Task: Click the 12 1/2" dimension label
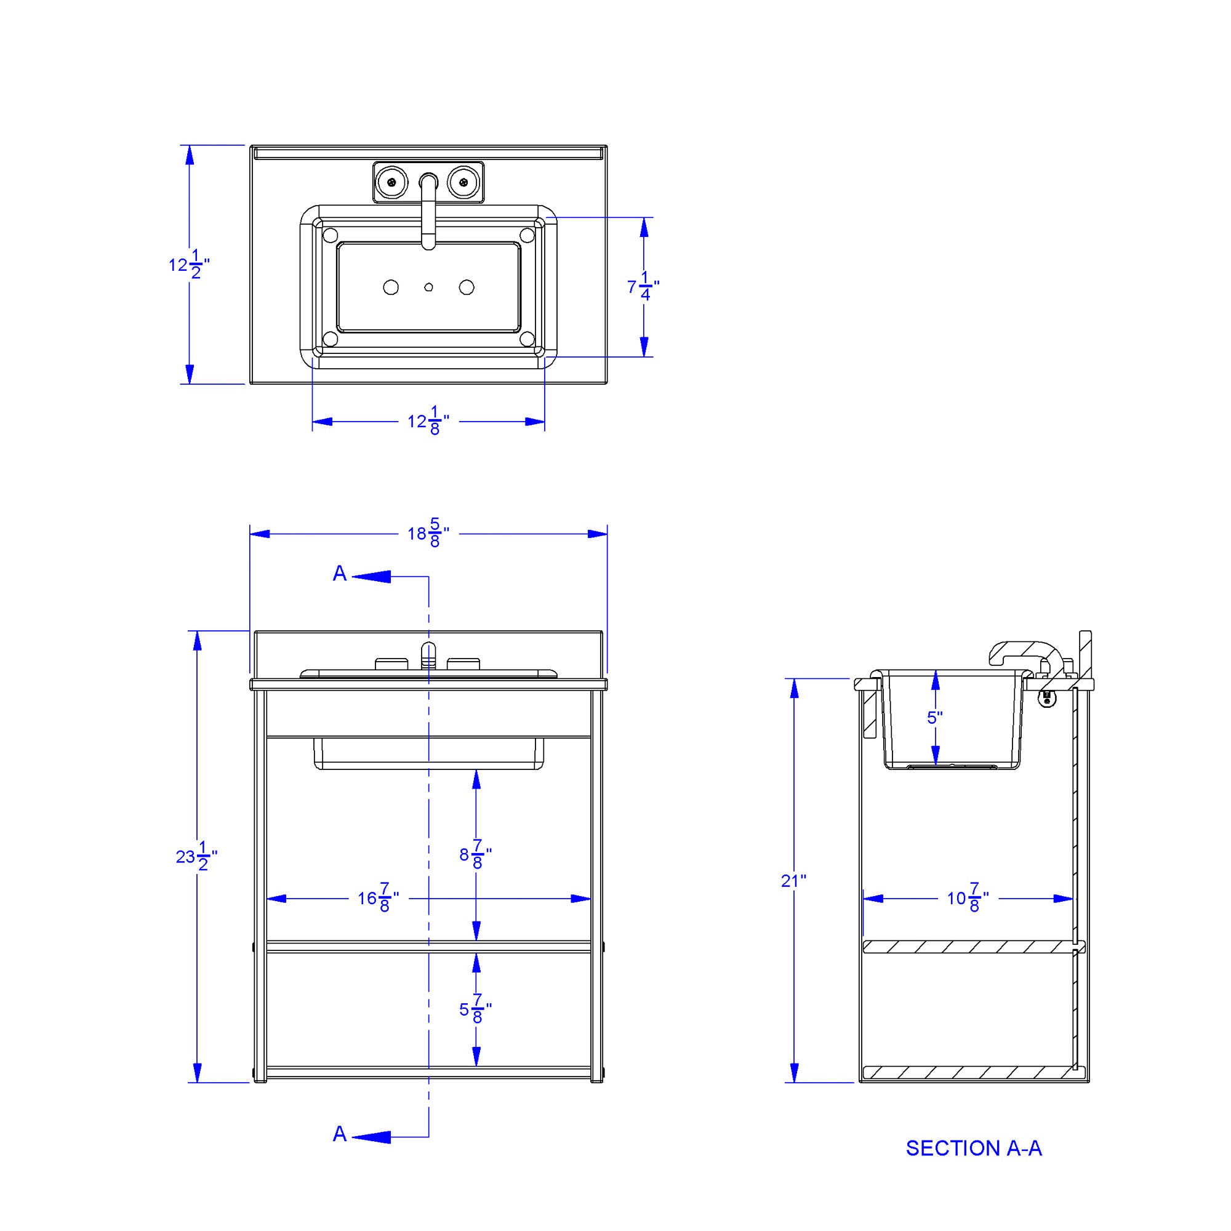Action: [189, 265]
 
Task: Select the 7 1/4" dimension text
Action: [644, 287]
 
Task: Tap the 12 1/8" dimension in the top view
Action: [429, 421]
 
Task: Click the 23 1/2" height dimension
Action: [197, 857]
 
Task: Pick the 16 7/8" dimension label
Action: [379, 899]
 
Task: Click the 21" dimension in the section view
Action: [794, 881]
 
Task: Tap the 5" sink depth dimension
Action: [935, 718]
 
